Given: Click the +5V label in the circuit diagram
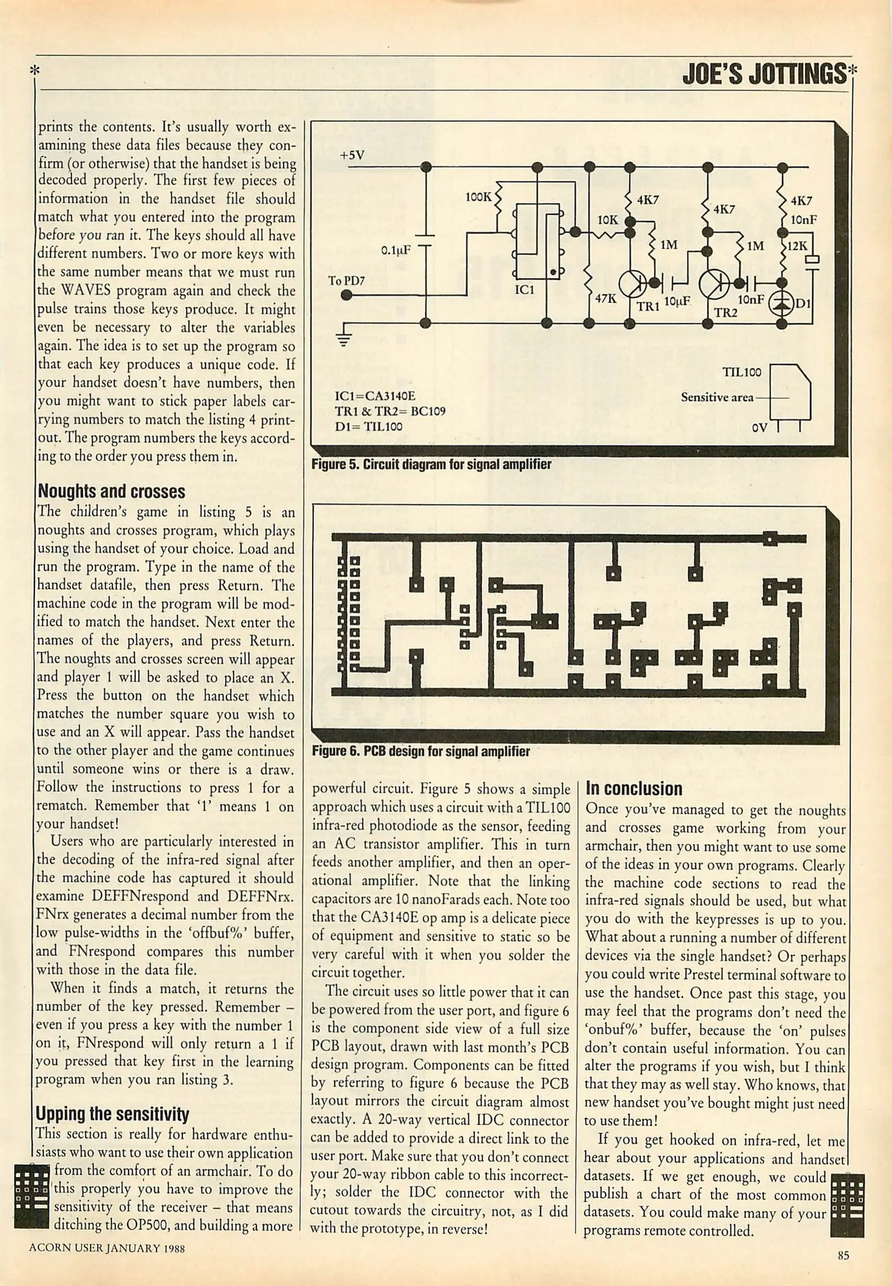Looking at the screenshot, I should pyautogui.click(x=352, y=155).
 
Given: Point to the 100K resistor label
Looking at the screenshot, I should pyautogui.click(x=478, y=196).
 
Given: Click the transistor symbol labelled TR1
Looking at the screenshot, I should pyautogui.click(x=632, y=285).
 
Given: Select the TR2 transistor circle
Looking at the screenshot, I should pyautogui.click(x=713, y=284).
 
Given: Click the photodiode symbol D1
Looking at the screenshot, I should pyautogui.click(x=782, y=304).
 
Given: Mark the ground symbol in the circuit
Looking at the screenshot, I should pyautogui.click(x=344, y=339).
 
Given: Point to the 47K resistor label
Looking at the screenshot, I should pyautogui.click(x=606, y=298).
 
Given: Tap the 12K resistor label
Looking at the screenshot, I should pyautogui.click(x=797, y=246).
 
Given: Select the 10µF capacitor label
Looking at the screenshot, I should pyautogui.click(x=677, y=301).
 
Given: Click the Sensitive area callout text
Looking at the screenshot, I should pyautogui.click(x=717, y=397).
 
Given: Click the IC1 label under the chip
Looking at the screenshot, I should pyautogui.click(x=525, y=290).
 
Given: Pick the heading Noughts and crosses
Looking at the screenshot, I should pyautogui.click(x=111, y=492).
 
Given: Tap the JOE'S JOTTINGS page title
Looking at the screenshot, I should pyautogui.click(x=764, y=74).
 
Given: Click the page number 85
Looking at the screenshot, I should pyautogui.click(x=843, y=1256).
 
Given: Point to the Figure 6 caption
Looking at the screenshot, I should pyautogui.click(x=420, y=751).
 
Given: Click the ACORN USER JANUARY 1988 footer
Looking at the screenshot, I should pyautogui.click(x=107, y=1248).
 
